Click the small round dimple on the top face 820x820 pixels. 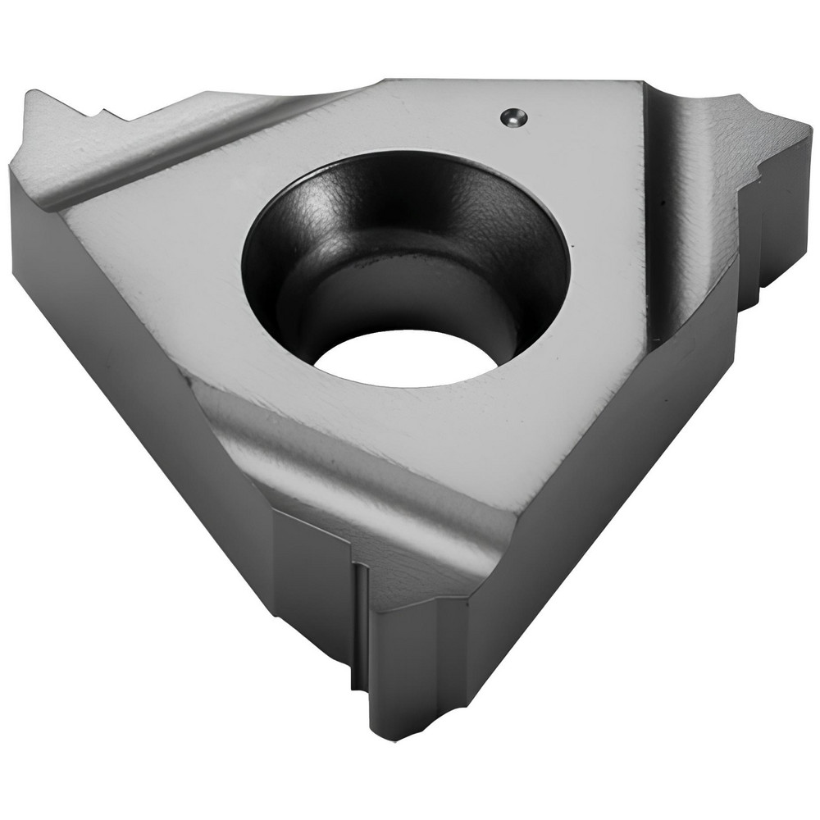click(512, 117)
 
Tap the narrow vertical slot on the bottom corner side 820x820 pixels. click(358, 623)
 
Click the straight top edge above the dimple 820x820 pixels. click(508, 81)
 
